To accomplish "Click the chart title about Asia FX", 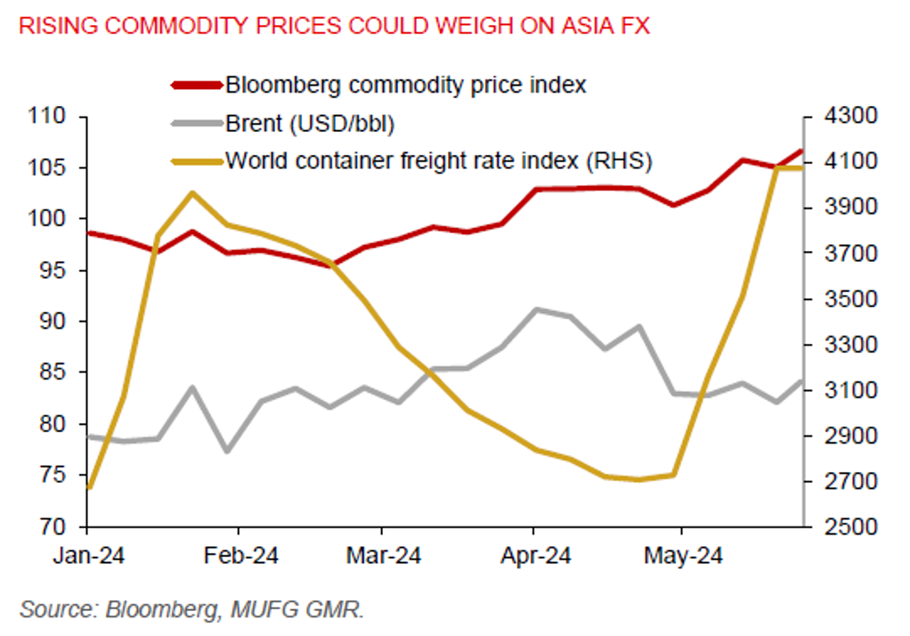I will [x=334, y=26].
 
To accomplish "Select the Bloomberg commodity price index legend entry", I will [x=406, y=86].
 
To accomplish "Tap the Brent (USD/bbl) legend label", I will [x=310, y=124].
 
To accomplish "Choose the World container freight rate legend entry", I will [x=438, y=161].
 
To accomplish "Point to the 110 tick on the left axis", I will [x=52, y=117].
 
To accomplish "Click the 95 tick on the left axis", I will [x=56, y=271].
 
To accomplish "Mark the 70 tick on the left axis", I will [x=56, y=526].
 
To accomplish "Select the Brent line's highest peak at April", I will [x=534, y=309].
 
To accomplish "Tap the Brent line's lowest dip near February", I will [x=227, y=452].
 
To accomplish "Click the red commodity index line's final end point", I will [x=802, y=150].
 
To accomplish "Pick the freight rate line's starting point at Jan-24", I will [x=88, y=488].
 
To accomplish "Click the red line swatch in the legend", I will [x=196, y=86].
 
